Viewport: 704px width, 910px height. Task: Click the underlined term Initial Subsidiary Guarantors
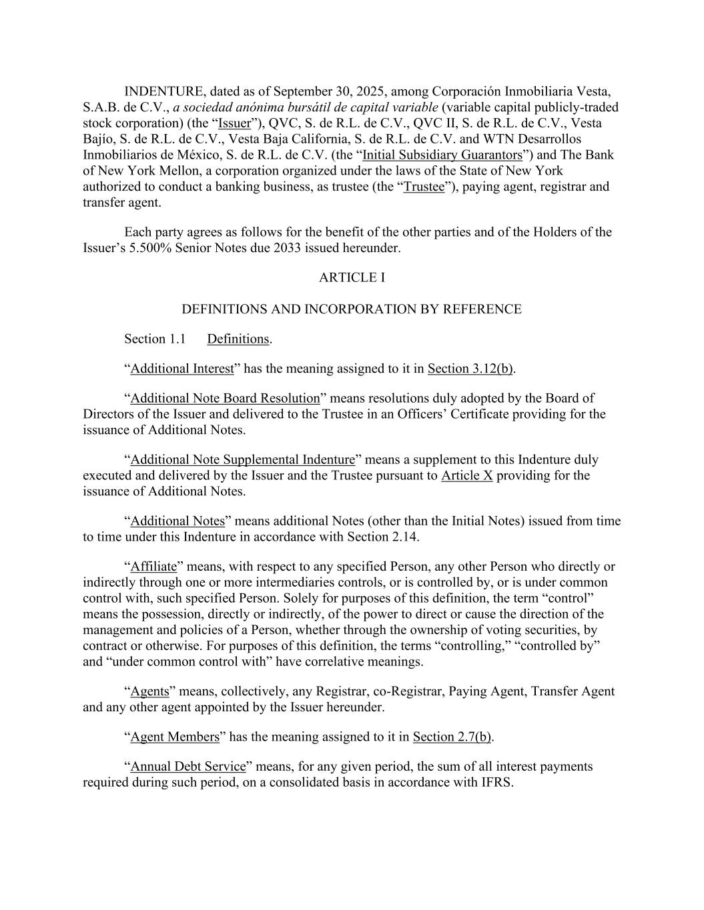coord(442,155)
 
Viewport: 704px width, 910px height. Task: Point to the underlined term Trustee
coord(424,187)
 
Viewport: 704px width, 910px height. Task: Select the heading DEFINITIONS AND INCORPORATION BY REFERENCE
coord(352,309)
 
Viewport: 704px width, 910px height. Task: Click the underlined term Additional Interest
coord(182,369)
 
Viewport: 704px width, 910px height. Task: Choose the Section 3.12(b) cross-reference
coord(470,369)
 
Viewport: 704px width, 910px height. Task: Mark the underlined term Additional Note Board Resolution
coord(225,399)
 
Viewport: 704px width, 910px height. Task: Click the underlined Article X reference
coord(466,476)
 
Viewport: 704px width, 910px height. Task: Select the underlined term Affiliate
coord(153,567)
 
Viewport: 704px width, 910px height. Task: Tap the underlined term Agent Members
coord(175,737)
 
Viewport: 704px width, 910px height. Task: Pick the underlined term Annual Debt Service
coord(188,767)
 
